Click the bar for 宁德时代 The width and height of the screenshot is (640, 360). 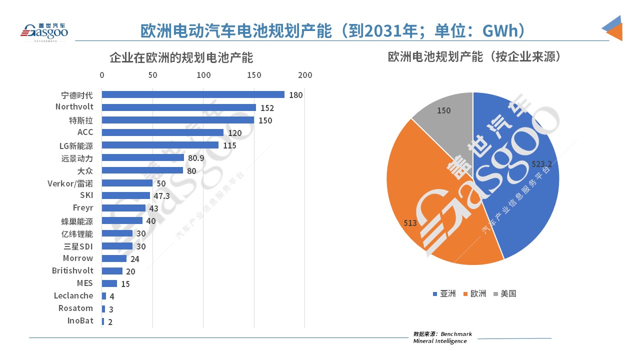[x=193, y=94]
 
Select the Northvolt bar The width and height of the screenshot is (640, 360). [x=179, y=107]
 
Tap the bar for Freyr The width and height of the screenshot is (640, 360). [x=123, y=208]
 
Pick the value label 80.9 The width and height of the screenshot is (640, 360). [x=195, y=158]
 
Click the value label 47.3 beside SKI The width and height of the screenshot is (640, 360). [x=161, y=195]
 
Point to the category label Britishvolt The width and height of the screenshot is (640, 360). [x=72, y=270]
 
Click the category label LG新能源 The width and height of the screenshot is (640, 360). [x=76, y=145]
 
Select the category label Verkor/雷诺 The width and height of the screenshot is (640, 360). [x=70, y=183]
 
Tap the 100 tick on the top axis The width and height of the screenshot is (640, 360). [x=203, y=75]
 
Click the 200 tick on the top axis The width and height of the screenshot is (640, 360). [x=305, y=75]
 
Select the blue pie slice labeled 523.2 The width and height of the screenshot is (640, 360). [x=520, y=190]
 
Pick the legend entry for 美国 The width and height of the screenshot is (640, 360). [x=504, y=293]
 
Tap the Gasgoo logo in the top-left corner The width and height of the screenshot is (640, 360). [x=44, y=31]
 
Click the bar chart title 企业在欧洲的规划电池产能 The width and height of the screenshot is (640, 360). [x=181, y=57]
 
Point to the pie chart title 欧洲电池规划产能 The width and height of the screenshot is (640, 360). [x=474, y=56]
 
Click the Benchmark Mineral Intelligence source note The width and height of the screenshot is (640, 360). [x=442, y=337]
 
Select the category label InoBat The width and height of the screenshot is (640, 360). [x=80, y=321]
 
